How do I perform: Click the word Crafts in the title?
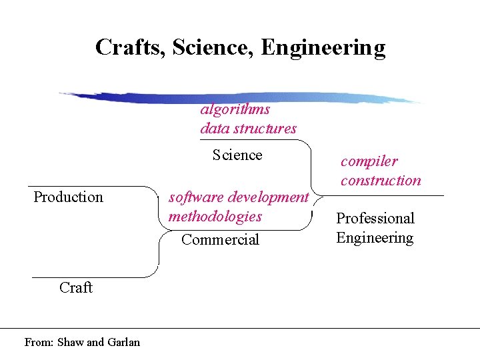point(130,48)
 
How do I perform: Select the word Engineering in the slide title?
point(323,48)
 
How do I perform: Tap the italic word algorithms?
point(235,109)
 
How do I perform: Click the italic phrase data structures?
point(248,128)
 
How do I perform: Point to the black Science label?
point(237,155)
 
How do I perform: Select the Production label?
point(68,197)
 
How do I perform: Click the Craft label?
point(75,287)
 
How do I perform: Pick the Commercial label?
point(220,239)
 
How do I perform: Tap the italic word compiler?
point(369,161)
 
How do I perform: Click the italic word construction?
point(381,180)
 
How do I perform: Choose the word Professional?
point(375,218)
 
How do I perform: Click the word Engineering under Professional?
point(375,238)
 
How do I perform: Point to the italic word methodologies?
point(215,216)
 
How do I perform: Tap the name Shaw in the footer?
point(71,342)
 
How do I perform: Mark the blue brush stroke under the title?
point(240,97)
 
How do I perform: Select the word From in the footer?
point(37,342)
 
